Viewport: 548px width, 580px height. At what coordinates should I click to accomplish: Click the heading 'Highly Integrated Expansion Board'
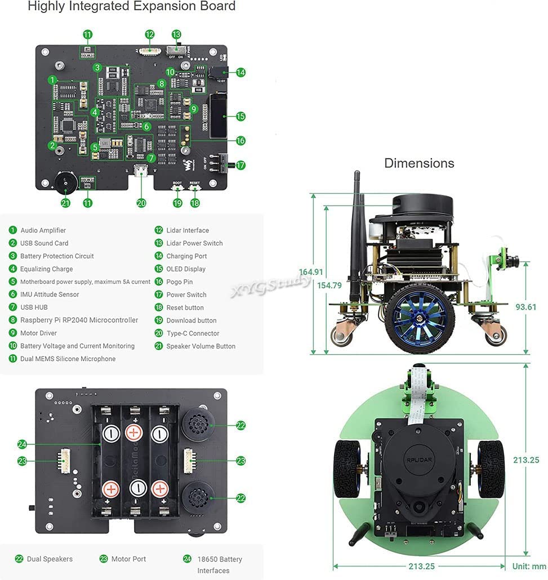131,7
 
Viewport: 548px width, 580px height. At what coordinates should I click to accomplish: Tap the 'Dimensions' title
419,163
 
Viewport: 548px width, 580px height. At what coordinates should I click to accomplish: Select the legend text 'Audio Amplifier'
43,230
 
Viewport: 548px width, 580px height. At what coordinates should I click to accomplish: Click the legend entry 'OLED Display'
186,269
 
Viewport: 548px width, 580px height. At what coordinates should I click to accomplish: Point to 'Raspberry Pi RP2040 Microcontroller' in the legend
79,320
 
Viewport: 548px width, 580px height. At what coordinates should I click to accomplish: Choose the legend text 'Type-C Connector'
193,333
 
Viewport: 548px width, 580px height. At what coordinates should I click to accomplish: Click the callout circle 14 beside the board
241,72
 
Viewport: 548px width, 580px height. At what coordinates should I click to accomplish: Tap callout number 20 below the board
141,203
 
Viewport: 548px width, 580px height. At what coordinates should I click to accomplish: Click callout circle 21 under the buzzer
66,203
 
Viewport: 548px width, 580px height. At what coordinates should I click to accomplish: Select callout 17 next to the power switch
241,165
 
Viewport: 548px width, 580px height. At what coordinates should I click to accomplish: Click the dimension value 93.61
526,307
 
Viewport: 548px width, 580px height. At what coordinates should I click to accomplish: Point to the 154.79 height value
329,285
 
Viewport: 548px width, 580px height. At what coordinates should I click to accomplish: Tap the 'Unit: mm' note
529,566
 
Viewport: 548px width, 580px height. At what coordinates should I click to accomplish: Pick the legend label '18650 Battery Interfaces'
219,565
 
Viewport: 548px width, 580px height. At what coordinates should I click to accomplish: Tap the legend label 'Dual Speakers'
50,559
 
